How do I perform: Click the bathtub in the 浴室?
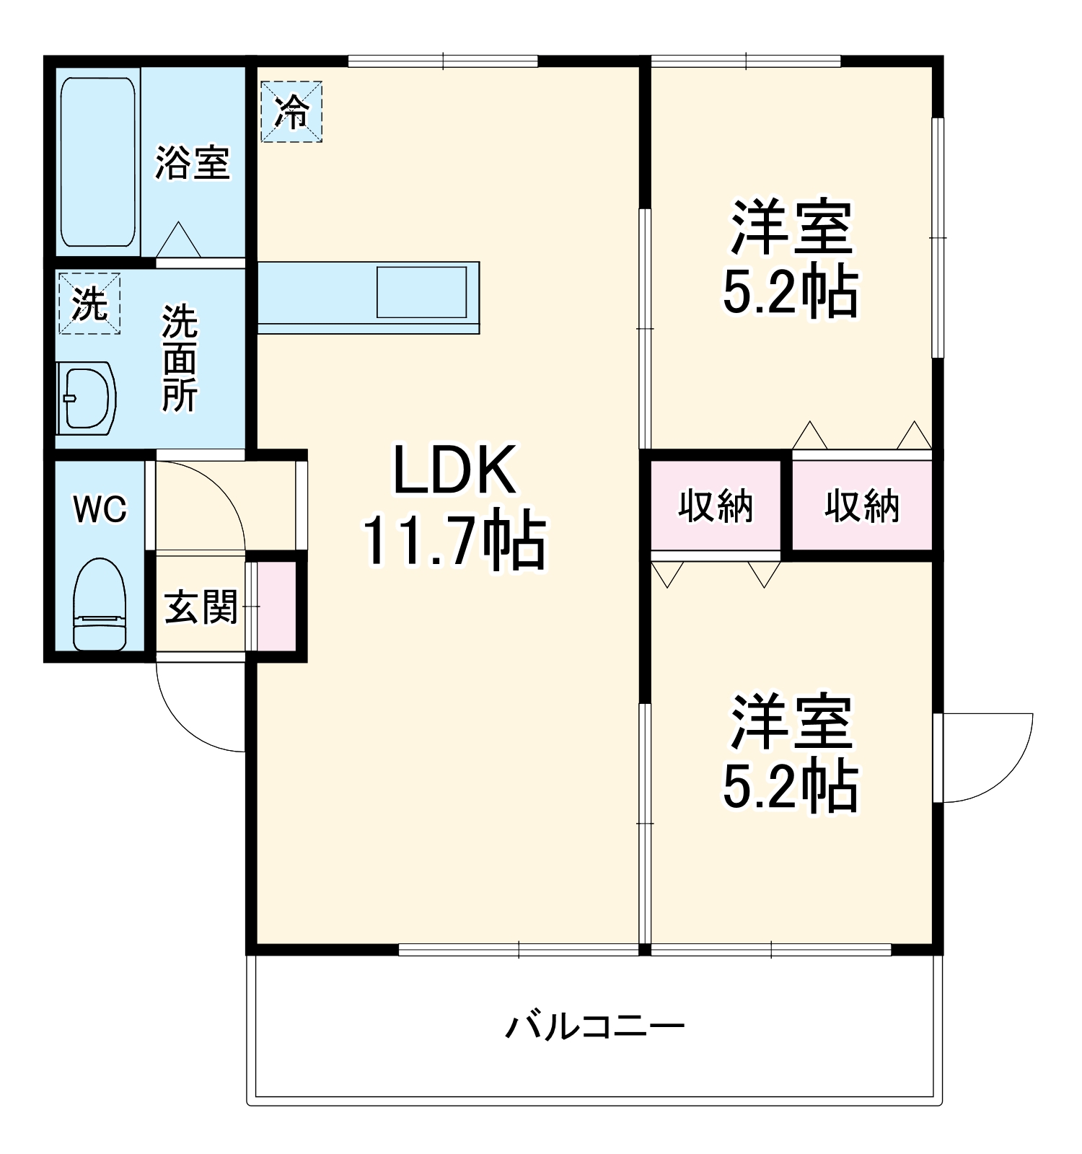pyautogui.click(x=98, y=162)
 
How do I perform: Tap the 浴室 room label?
pyautogui.click(x=193, y=162)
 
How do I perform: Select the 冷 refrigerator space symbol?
pyautogui.click(x=291, y=112)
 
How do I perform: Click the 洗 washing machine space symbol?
pyautogui.click(x=89, y=304)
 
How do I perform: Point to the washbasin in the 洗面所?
pyautogui.click(x=87, y=398)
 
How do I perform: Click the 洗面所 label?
pyautogui.click(x=180, y=358)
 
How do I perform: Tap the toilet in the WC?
pyautogui.click(x=100, y=604)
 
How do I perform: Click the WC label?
pyautogui.click(x=100, y=509)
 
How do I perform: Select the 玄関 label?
pyautogui.click(x=201, y=607)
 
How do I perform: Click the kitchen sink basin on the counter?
pyautogui.click(x=422, y=292)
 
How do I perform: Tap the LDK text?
pyautogui.click(x=454, y=470)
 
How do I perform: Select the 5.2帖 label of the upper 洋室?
pyautogui.click(x=791, y=292)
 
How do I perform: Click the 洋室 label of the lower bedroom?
pyautogui.click(x=791, y=722)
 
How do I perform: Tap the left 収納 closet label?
pyautogui.click(x=716, y=506)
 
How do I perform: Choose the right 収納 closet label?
pyautogui.click(x=863, y=506)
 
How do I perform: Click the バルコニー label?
pyautogui.click(x=594, y=1025)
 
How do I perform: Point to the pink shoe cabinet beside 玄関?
pyautogui.click(x=277, y=606)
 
